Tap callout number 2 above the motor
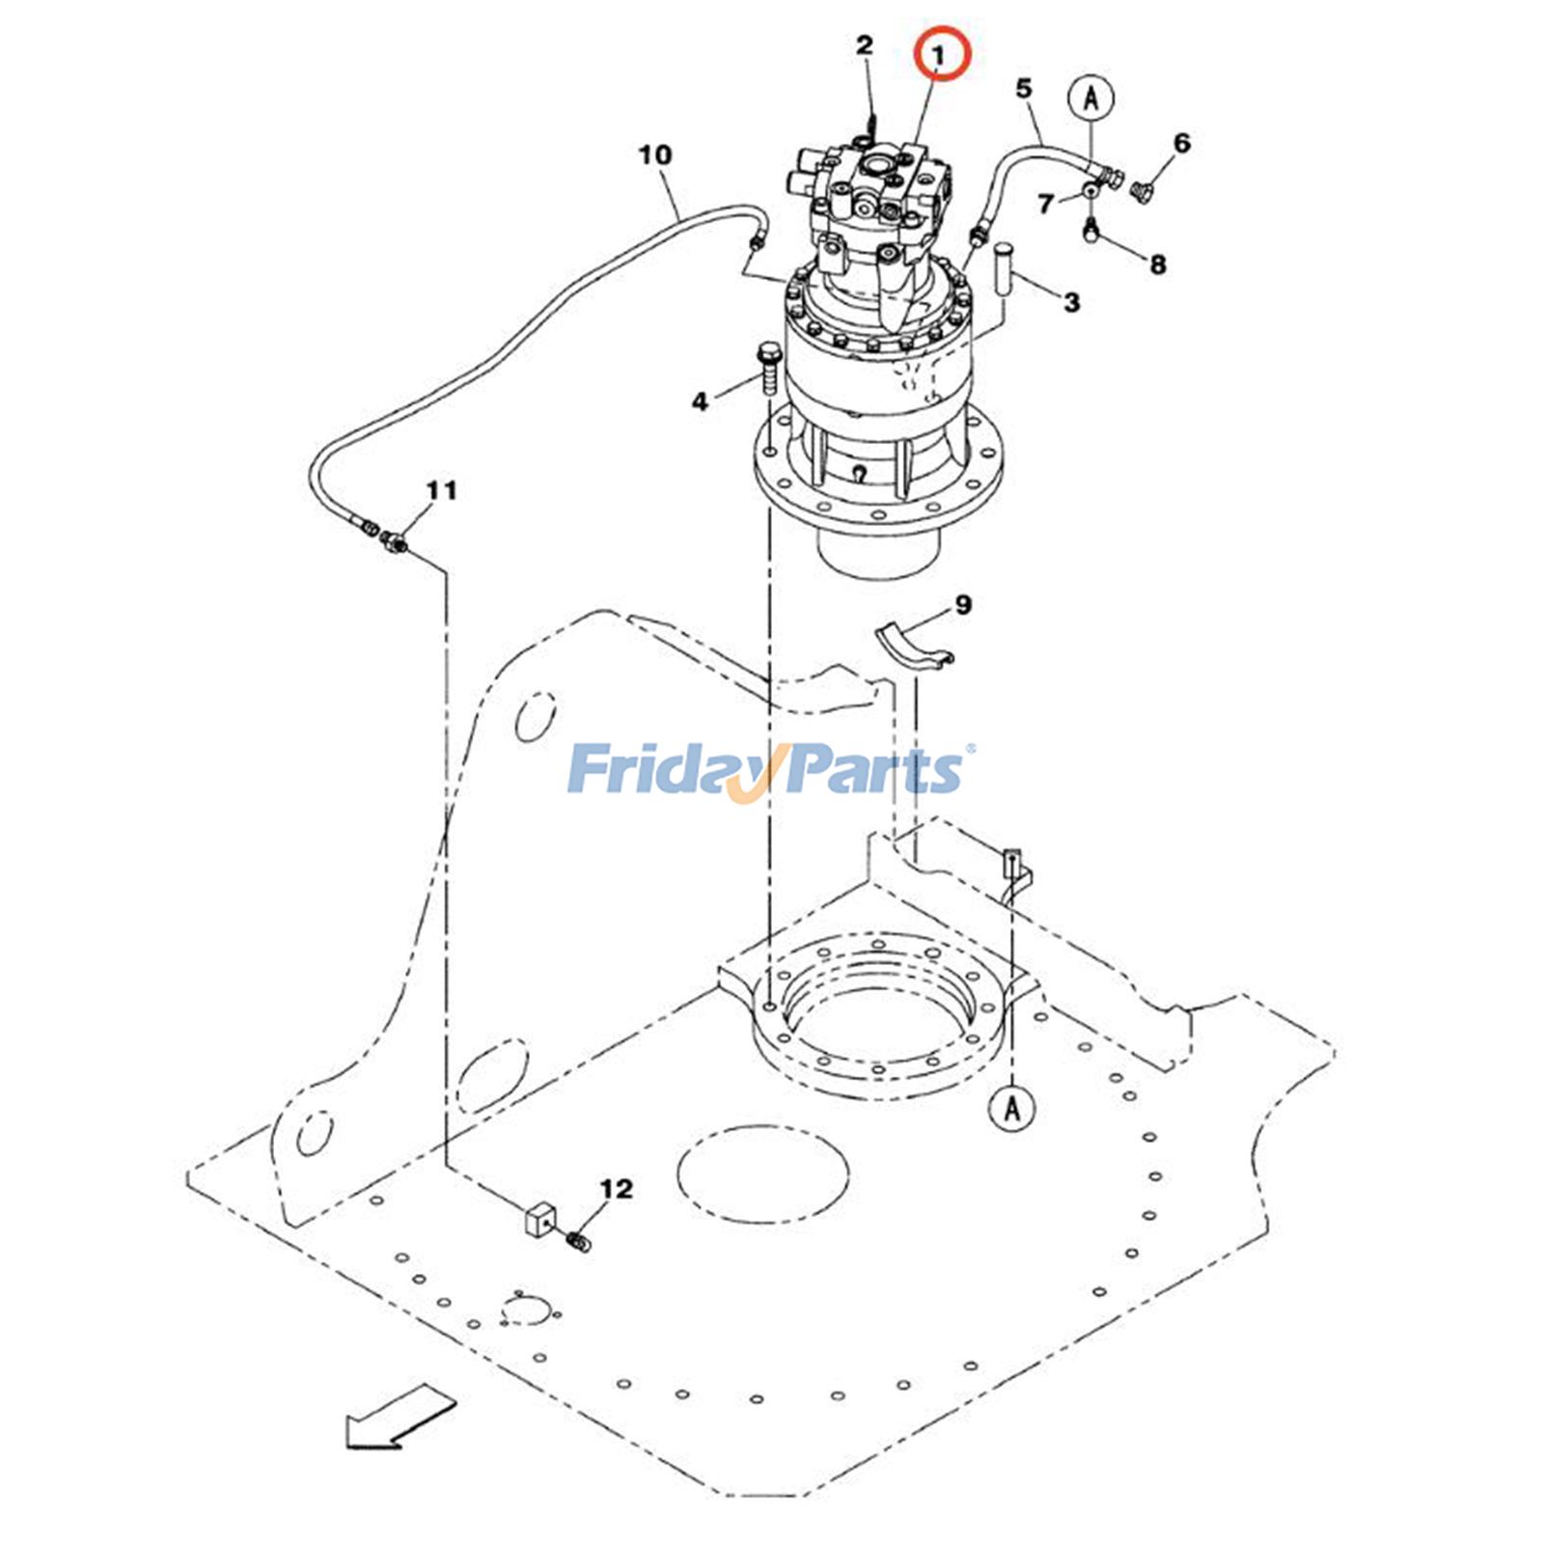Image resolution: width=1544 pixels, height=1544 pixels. click(865, 44)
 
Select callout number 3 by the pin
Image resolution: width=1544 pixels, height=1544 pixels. click(1071, 302)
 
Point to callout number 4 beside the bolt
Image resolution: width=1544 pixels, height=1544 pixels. click(700, 400)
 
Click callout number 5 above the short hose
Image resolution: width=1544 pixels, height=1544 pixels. click(1024, 89)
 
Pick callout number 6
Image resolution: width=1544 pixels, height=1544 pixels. click(1182, 144)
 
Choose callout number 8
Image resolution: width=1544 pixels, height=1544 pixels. click(1158, 264)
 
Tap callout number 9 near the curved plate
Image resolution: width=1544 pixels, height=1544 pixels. click(963, 605)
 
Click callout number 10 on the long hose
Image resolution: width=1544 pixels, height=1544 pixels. click(655, 154)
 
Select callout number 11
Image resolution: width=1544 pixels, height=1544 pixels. click(441, 491)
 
